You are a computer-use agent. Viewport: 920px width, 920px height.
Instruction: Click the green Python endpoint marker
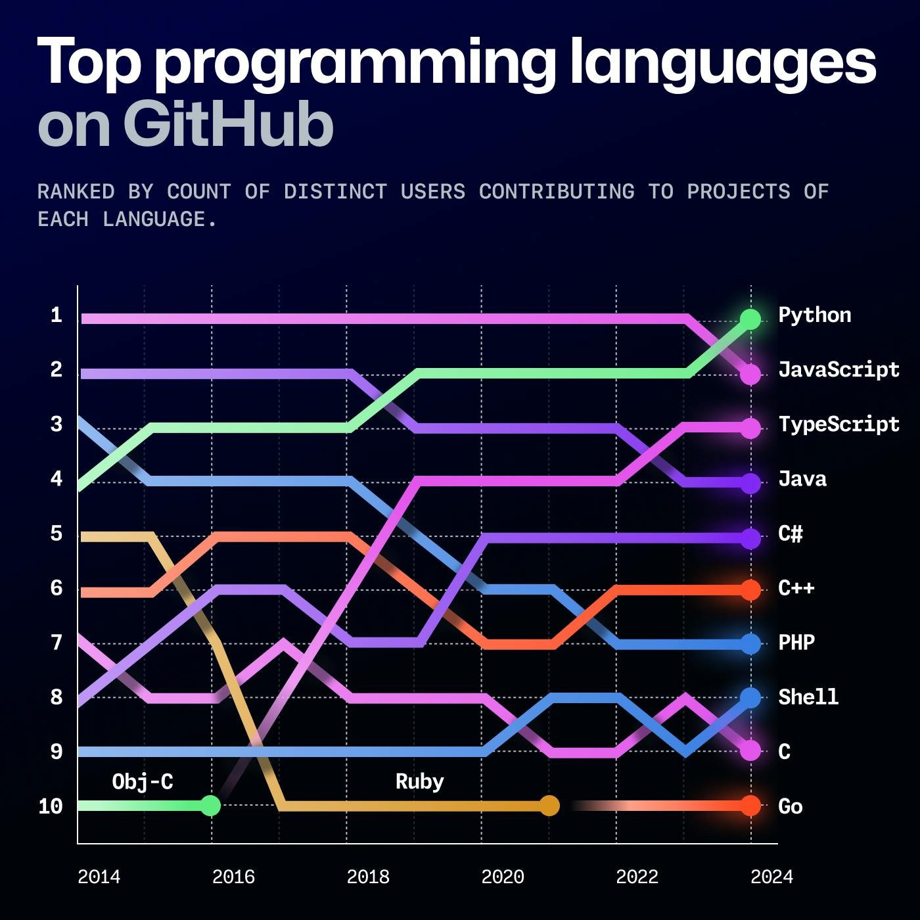(x=750, y=319)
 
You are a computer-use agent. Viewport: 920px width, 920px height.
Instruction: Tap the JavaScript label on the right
(x=838, y=369)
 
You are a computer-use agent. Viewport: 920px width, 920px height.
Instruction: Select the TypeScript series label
(x=838, y=424)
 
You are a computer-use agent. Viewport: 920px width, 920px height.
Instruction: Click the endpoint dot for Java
(x=750, y=483)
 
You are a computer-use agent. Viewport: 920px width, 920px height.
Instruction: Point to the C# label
(x=790, y=533)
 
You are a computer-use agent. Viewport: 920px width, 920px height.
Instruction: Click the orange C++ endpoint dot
(x=750, y=590)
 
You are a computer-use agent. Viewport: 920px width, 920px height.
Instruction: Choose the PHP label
(x=796, y=642)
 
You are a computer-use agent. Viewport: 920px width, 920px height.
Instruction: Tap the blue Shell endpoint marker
(x=750, y=697)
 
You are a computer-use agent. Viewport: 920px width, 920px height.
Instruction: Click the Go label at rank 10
(x=790, y=806)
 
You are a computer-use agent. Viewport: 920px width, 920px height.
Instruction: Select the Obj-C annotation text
(x=143, y=781)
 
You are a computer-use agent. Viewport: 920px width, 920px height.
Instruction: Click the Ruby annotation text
(x=419, y=781)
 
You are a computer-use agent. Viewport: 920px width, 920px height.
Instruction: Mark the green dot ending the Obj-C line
(x=210, y=805)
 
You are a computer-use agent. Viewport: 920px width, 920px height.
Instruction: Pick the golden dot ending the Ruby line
(x=549, y=805)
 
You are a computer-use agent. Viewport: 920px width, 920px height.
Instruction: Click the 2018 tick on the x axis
(x=368, y=877)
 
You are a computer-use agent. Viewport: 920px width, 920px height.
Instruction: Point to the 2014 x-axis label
(x=99, y=877)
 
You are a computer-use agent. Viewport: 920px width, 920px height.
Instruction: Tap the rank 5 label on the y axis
(x=57, y=533)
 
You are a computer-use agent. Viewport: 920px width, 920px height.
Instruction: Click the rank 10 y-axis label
(x=51, y=806)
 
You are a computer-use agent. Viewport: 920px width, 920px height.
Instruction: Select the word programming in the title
(x=356, y=62)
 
